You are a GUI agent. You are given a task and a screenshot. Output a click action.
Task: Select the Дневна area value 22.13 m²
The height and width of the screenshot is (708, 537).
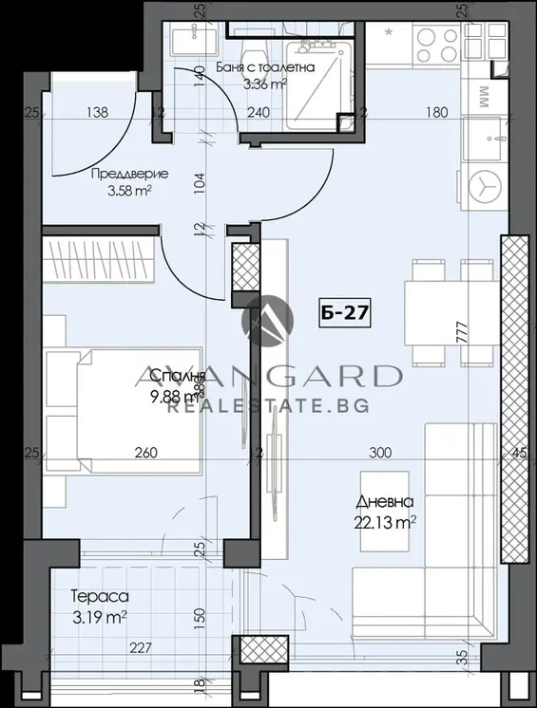[x=388, y=520]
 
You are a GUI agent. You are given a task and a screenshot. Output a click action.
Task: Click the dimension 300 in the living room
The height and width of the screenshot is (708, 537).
[x=380, y=454]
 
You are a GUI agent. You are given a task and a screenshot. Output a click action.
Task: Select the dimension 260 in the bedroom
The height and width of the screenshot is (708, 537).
[x=145, y=454]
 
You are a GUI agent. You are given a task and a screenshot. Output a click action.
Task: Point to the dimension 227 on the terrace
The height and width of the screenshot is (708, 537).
[x=142, y=650]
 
